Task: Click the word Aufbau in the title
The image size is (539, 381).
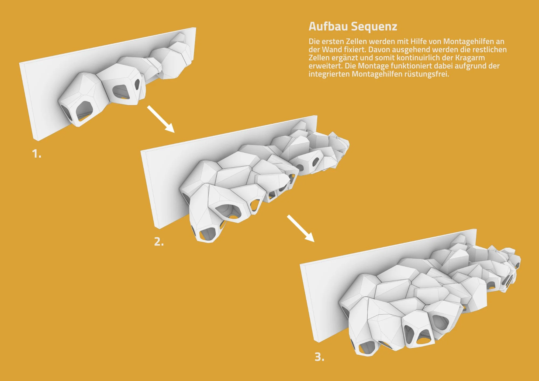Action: coord(328,27)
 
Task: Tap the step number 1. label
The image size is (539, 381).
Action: coord(37,154)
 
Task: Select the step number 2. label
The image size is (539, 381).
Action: coord(159,242)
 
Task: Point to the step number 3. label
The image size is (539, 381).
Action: coord(320,357)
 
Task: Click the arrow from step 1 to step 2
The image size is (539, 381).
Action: coord(161,119)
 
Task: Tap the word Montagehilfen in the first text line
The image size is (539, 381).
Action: coord(469,41)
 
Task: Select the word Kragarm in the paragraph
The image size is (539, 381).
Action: coord(470,58)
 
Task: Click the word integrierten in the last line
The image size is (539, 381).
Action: coord(329,74)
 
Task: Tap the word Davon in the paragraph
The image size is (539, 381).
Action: coord(378,50)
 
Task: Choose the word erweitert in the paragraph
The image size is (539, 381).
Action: coord(325,66)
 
